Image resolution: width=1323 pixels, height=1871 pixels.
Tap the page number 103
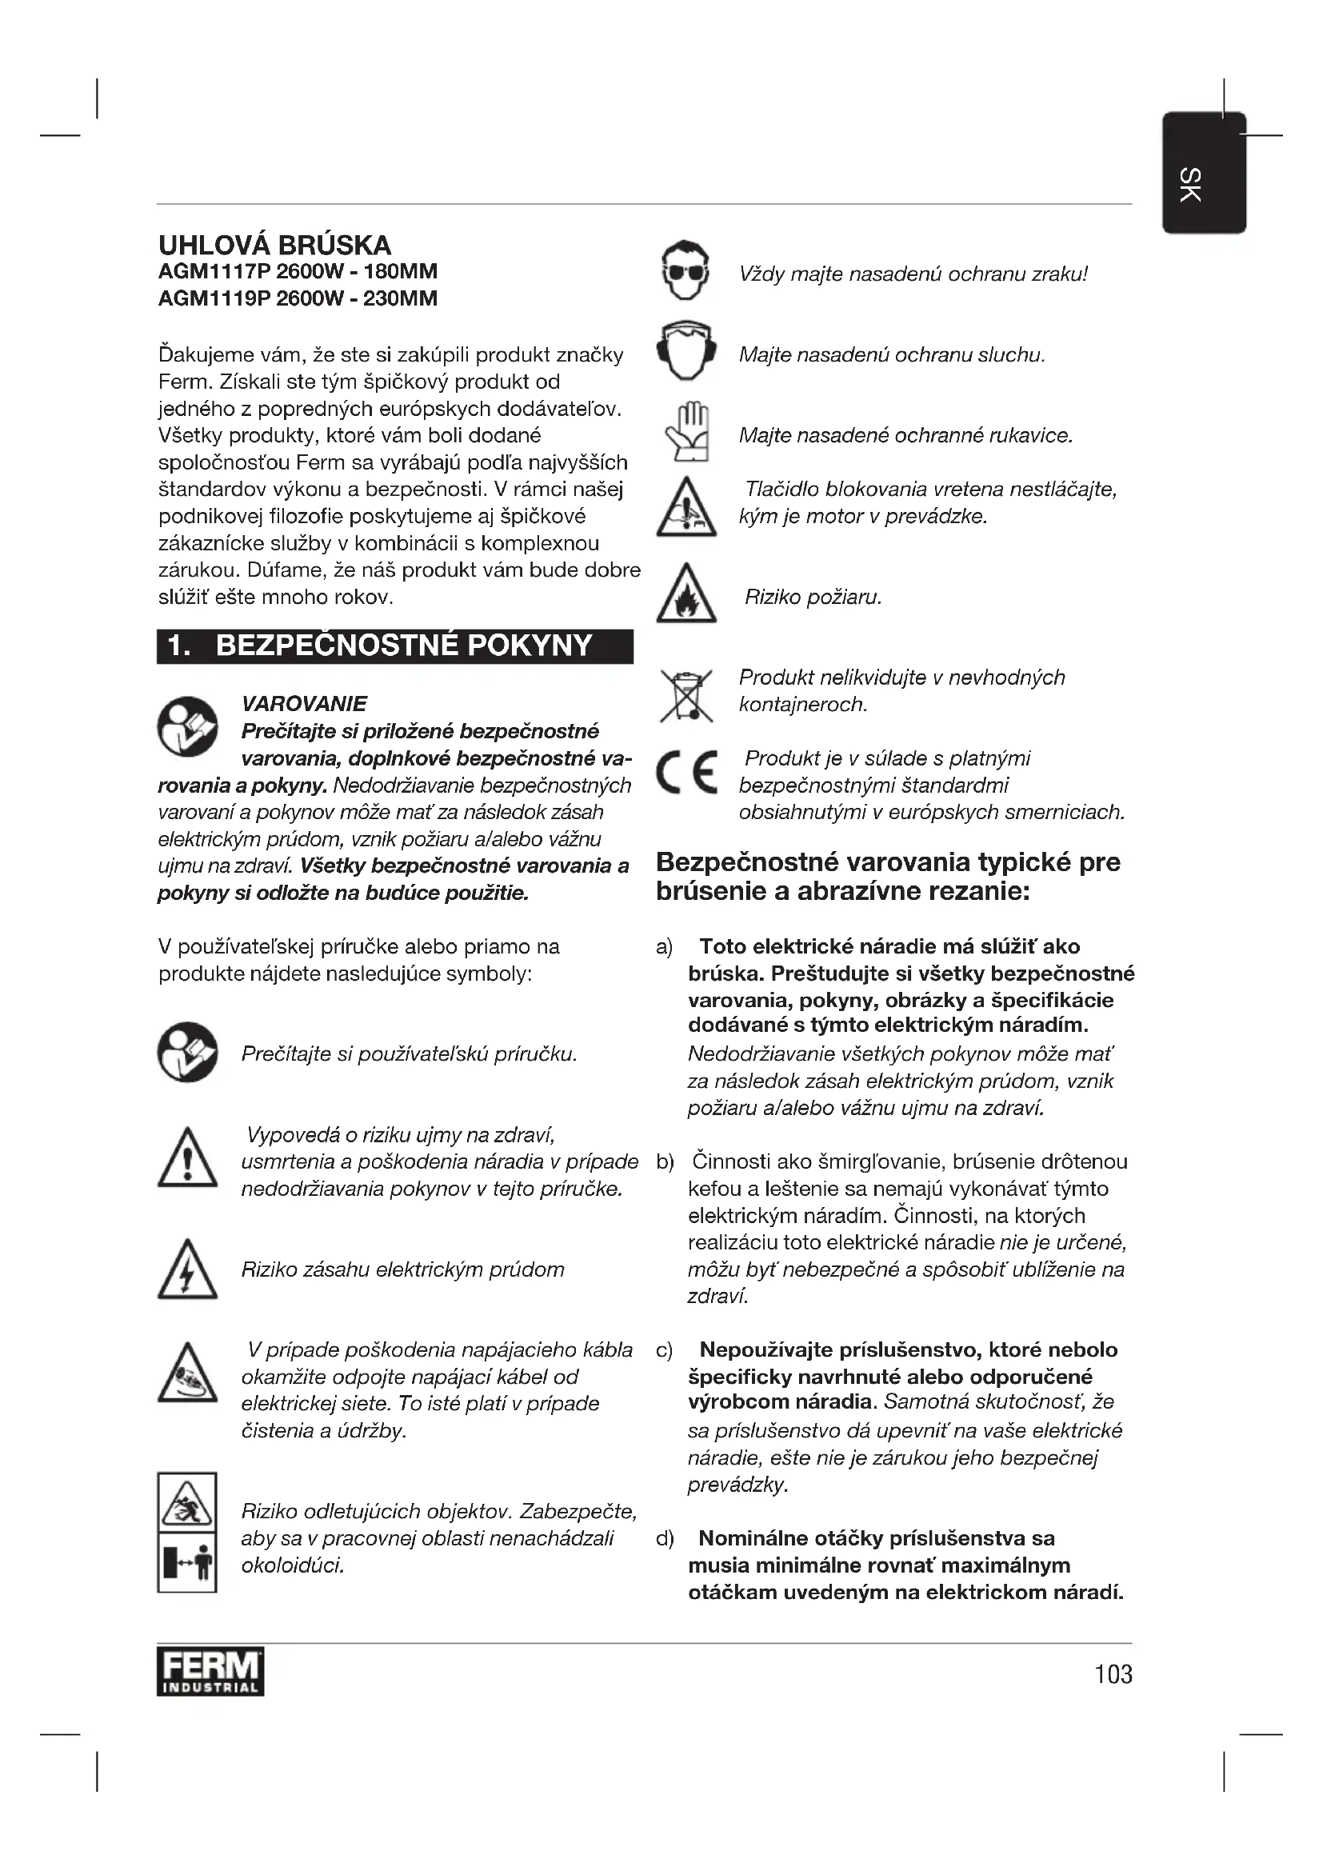(1113, 1673)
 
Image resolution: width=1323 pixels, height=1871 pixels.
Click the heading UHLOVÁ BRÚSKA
(274, 245)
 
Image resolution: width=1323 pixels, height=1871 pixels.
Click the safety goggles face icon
(685, 271)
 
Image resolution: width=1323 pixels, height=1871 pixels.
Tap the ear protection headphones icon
(686, 351)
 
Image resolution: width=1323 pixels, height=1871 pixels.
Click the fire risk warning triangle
(686, 595)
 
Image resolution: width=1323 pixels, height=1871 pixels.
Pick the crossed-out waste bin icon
(686, 695)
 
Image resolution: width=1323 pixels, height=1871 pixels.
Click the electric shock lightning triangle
(187, 1269)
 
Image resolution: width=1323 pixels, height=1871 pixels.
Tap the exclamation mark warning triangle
(187, 1158)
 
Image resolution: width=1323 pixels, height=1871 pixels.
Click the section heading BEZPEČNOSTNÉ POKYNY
(403, 646)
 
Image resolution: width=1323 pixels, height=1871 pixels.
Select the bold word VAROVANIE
(304, 703)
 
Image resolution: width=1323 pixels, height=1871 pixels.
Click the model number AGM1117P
(214, 271)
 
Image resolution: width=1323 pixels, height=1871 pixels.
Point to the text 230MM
(400, 298)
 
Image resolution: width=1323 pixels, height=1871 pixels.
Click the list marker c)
(664, 1350)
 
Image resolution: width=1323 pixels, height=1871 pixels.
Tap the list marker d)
(665, 1538)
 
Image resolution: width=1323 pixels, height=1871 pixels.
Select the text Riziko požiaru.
(813, 598)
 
